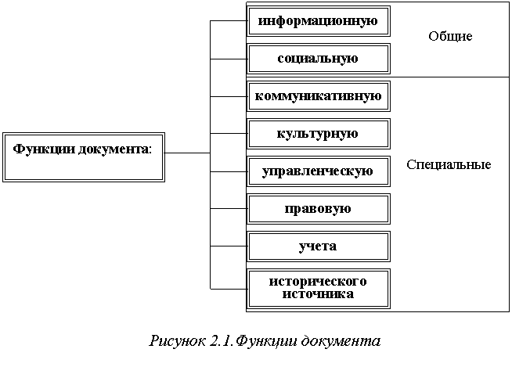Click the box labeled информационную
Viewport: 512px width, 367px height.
tap(318, 21)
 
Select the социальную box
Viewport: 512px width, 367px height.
tap(318, 59)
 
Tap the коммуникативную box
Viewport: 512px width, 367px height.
tap(318, 96)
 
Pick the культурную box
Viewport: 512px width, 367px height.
tap(318, 134)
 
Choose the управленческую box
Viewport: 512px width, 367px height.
tap(318, 171)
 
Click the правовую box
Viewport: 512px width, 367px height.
tap(318, 209)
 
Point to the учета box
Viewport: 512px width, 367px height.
tap(318, 246)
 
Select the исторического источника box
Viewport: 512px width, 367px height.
tap(318, 288)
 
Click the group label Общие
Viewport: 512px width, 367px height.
tap(450, 37)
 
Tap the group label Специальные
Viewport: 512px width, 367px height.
tap(449, 165)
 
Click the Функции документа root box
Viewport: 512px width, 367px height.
tap(84, 157)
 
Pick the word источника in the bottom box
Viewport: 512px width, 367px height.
tap(318, 294)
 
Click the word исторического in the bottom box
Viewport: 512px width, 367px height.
tap(318, 282)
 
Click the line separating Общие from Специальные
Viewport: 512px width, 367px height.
tap(450, 77)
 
